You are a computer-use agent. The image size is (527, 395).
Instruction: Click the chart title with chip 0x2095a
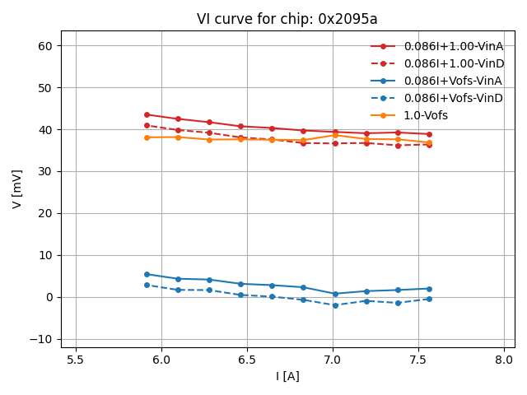pyautogui.click(x=287, y=19)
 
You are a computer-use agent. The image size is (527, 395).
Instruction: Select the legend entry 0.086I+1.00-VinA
pyautogui.click(x=453, y=46)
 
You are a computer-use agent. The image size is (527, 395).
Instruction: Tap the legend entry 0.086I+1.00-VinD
pyautogui.click(x=453, y=63)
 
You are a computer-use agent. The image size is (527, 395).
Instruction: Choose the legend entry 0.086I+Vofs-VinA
pyautogui.click(x=452, y=81)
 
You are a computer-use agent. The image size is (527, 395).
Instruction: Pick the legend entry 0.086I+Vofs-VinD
pyautogui.click(x=452, y=98)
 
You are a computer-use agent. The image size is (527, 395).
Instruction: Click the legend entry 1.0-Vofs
pyautogui.click(x=426, y=115)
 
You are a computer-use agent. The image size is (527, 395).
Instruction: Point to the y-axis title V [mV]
pyautogui.click(x=17, y=188)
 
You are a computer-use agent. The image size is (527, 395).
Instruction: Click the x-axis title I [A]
pyautogui.click(x=287, y=376)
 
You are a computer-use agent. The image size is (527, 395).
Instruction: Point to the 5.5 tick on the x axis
pyautogui.click(x=76, y=360)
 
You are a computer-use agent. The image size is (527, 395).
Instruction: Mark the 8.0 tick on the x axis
pyautogui.click(x=504, y=360)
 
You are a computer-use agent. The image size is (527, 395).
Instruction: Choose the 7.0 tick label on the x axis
pyautogui.click(x=333, y=360)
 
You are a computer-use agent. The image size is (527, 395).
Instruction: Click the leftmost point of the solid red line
pyautogui.click(x=147, y=114)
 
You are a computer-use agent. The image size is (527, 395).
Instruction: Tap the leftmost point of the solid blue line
pyautogui.click(x=147, y=274)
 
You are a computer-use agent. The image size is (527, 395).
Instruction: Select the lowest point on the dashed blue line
pyautogui.click(x=335, y=305)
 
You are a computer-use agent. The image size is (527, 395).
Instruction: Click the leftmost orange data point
pyautogui.click(x=147, y=137)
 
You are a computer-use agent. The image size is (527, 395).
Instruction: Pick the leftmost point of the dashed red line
pyautogui.click(x=147, y=125)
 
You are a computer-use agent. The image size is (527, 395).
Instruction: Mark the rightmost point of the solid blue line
pyautogui.click(x=429, y=289)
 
